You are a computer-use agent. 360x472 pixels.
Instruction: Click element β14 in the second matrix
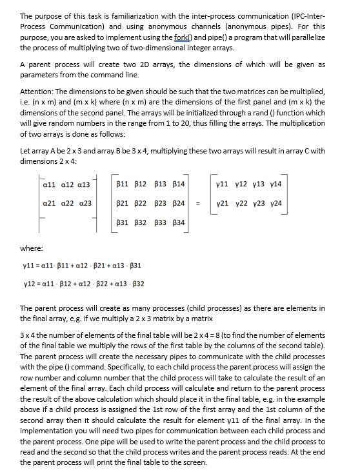177,184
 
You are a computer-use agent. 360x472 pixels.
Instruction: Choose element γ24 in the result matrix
274,203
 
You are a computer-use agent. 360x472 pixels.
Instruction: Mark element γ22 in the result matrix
240,203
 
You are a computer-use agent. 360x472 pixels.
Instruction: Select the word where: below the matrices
32,246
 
